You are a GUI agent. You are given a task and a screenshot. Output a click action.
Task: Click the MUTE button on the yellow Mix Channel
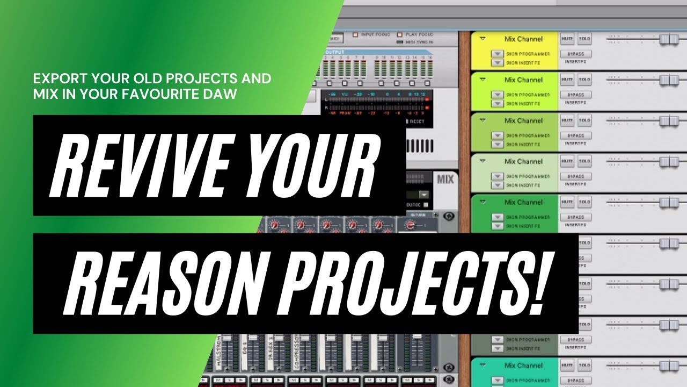567,39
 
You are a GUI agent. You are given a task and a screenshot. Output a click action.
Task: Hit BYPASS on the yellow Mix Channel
575,54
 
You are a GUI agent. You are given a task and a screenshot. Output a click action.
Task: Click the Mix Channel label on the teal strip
523,365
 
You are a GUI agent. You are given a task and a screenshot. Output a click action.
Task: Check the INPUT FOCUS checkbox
355,35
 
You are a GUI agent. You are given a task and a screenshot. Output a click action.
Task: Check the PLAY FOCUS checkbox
400,35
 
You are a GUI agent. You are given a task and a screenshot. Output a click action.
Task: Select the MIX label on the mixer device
445,180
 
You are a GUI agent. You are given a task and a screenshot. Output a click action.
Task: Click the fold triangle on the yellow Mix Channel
483,39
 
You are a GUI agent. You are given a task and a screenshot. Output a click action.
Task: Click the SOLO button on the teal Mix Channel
584,366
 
